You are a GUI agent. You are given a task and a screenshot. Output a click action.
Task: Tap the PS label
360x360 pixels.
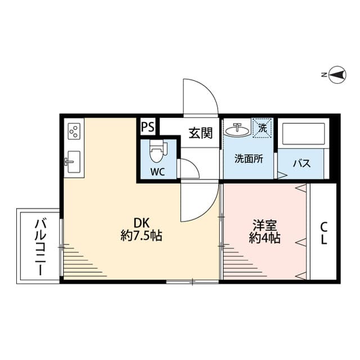148,127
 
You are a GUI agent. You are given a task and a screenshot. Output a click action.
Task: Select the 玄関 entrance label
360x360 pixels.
200,133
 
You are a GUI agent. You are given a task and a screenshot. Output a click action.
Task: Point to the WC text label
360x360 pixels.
157,172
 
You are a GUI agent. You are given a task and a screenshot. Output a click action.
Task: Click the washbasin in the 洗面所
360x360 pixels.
237,130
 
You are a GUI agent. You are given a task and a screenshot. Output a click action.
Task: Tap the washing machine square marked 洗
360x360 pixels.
262,128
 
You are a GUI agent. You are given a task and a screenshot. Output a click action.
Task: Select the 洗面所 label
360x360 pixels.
249,159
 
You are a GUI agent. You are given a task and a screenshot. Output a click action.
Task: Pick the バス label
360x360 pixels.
302,164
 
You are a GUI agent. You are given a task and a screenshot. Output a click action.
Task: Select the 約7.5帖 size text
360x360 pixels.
141,236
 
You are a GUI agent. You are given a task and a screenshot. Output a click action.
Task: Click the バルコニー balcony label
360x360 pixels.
39,246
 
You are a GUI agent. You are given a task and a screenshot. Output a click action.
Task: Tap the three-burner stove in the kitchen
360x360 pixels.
73,132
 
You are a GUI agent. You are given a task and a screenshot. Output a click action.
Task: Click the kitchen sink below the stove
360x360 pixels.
73,161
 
